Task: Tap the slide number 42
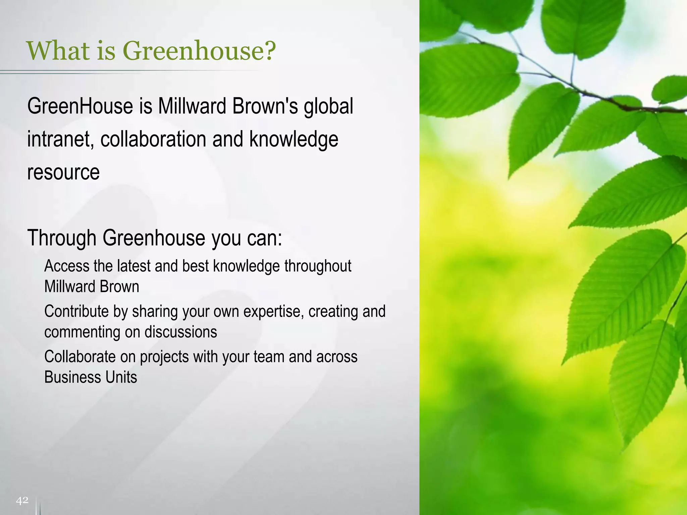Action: pos(22,501)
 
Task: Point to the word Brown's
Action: pos(265,106)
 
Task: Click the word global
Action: pos(328,107)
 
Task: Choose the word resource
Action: pos(63,172)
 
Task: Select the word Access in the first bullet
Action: pos(67,266)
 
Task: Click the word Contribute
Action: pos(76,311)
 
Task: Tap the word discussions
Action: pos(181,332)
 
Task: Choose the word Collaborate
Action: pos(80,356)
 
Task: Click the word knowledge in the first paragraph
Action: pos(294,139)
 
